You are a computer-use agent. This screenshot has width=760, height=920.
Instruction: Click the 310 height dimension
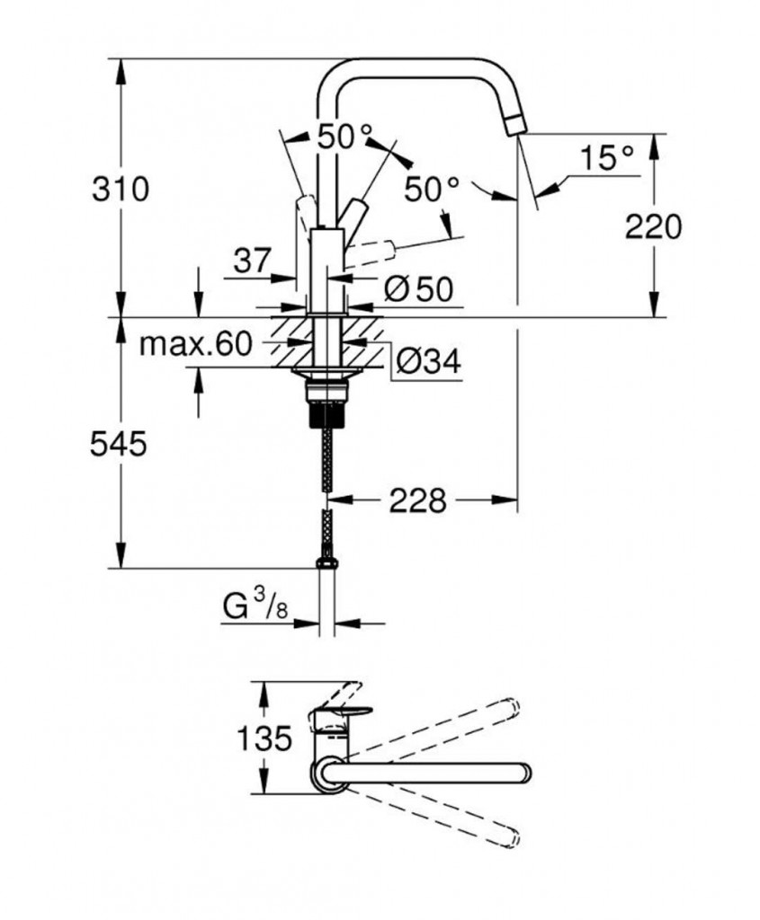[x=119, y=189]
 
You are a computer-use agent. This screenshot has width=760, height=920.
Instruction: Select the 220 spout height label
[x=655, y=226]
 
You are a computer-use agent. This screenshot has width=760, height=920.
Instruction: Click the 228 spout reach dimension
[x=417, y=500]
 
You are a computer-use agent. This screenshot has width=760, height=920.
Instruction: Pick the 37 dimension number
[x=252, y=262]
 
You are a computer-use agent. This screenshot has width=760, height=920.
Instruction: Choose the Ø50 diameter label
[x=416, y=289]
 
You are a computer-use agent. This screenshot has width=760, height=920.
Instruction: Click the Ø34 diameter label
[x=428, y=361]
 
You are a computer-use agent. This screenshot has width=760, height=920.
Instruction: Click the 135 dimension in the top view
[x=265, y=739]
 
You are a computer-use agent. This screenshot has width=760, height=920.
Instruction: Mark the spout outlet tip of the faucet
[x=514, y=127]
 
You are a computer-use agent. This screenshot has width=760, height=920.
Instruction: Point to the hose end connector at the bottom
[x=327, y=562]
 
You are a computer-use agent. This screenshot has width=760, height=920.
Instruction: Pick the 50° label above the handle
[x=344, y=137]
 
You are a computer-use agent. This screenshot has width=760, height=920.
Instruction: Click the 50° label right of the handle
[x=431, y=190]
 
